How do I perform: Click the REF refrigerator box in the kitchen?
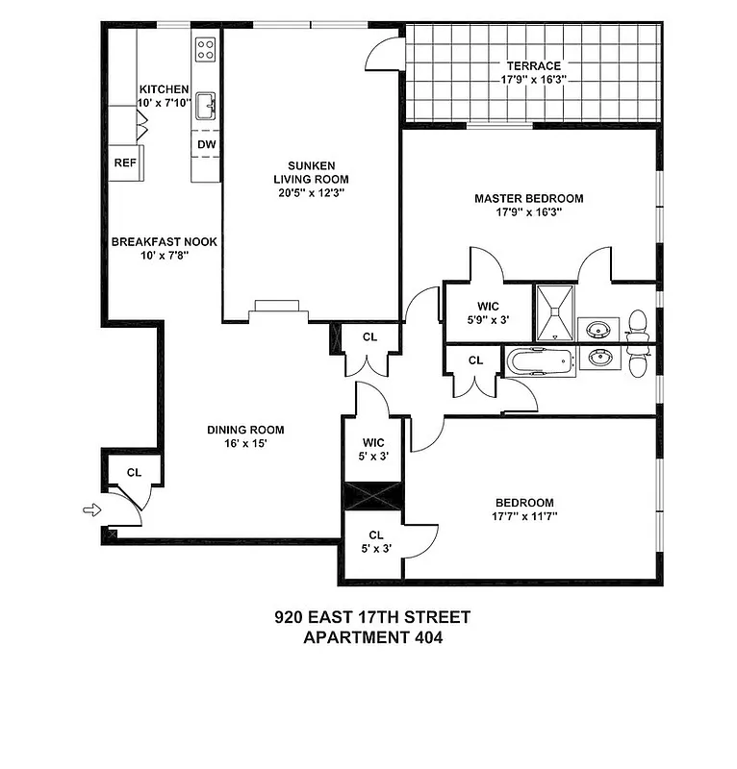[x=125, y=162]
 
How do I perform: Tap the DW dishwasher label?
[x=206, y=144]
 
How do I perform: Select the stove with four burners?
[x=206, y=49]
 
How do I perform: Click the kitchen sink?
[x=206, y=106]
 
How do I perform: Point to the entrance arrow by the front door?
[x=91, y=510]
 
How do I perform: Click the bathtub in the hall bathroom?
[x=539, y=362]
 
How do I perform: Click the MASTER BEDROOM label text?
[x=528, y=199]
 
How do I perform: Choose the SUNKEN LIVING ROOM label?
[x=310, y=172]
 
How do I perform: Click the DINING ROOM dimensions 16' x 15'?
[x=246, y=445]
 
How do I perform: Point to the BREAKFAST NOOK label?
[x=164, y=242]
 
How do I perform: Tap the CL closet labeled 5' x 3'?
[x=374, y=541]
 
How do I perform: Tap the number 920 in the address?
[x=290, y=616]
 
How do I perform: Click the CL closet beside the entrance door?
[x=134, y=472]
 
